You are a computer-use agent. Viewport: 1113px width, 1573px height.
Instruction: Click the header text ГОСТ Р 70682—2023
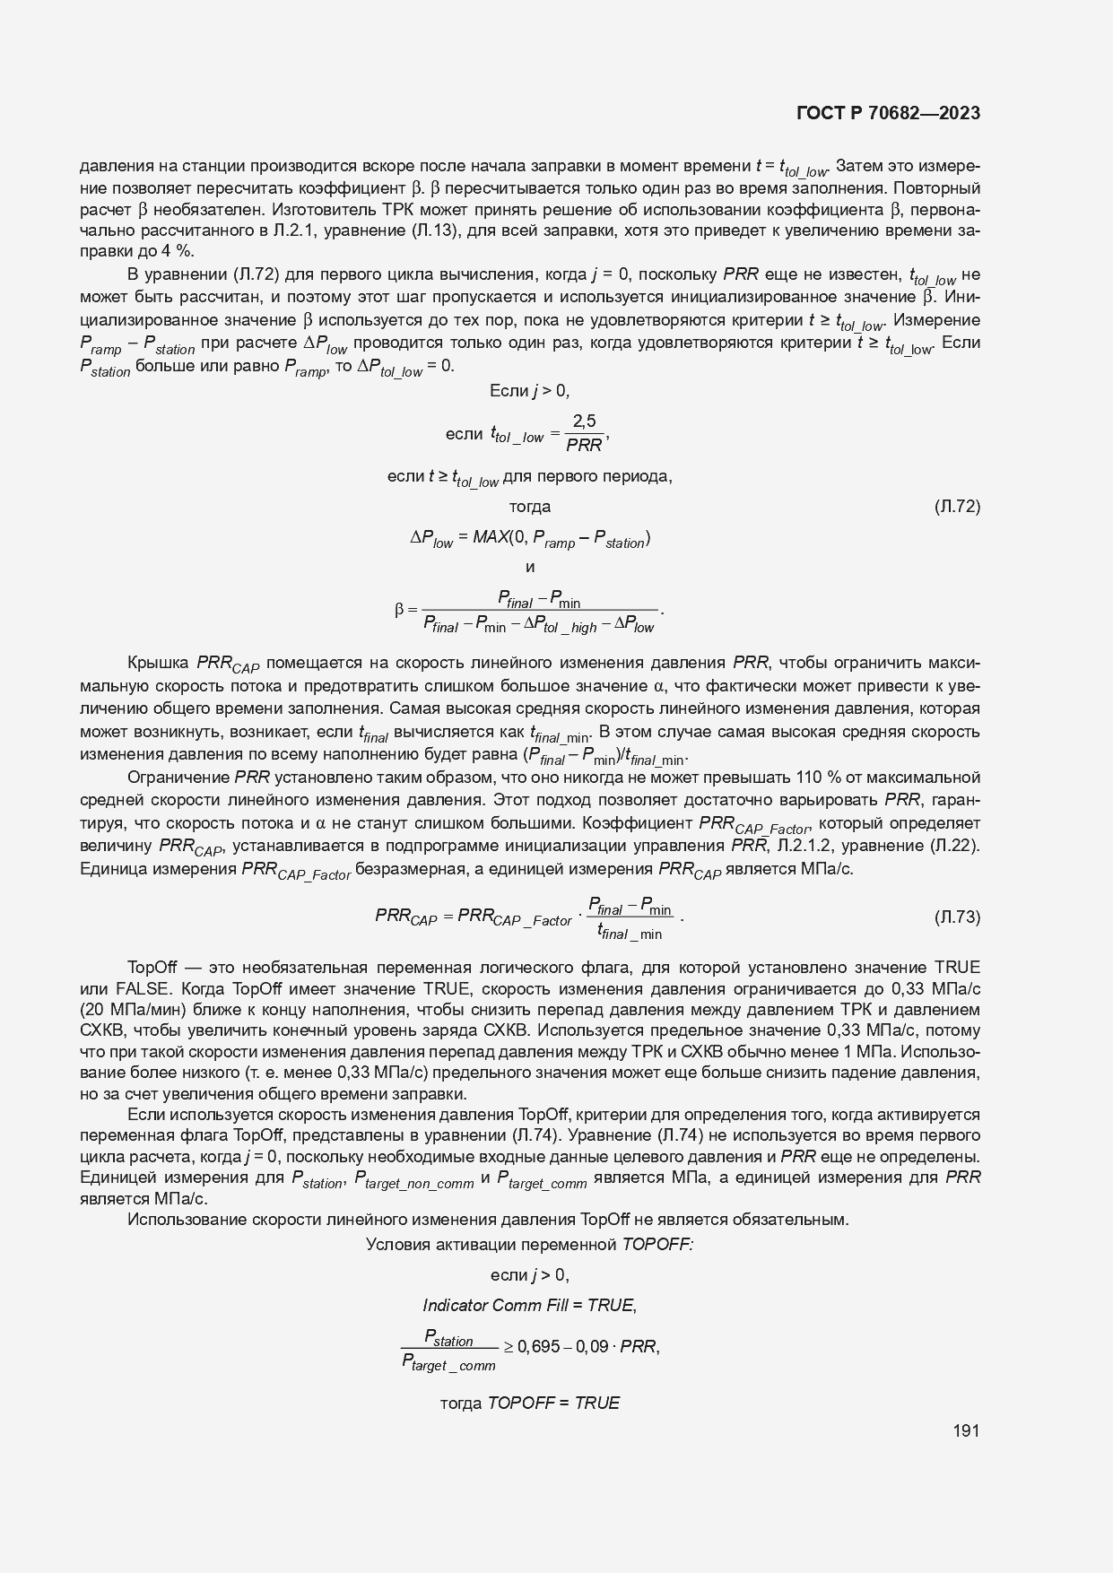pos(887,114)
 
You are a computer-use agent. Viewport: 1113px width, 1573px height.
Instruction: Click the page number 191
pos(966,1430)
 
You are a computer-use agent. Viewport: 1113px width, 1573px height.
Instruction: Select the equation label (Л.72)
pos(957,507)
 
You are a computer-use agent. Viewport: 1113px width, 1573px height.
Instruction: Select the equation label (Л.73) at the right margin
pos(957,917)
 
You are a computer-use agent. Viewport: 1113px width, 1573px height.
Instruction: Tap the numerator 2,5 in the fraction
pos(584,421)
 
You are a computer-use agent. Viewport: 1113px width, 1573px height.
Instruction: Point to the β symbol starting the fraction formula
pos(400,612)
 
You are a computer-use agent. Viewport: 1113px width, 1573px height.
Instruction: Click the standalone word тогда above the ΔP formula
pos(529,507)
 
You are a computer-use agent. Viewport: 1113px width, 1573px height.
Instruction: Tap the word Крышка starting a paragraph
pos(159,663)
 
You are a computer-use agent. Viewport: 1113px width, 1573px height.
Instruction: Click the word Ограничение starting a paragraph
pos(178,778)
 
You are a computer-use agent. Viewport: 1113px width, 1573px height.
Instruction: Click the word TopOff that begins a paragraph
pos(154,968)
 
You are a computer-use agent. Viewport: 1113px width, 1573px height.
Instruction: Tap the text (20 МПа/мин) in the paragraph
pos(132,1010)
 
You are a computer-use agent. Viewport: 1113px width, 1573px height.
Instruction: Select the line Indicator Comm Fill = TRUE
pos(529,1305)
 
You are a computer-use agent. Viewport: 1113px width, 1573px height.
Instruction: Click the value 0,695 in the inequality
pos(538,1346)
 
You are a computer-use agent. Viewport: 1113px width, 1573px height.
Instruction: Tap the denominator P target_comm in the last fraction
pos(448,1365)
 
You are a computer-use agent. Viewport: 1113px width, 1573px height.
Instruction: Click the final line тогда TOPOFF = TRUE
pos(529,1403)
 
